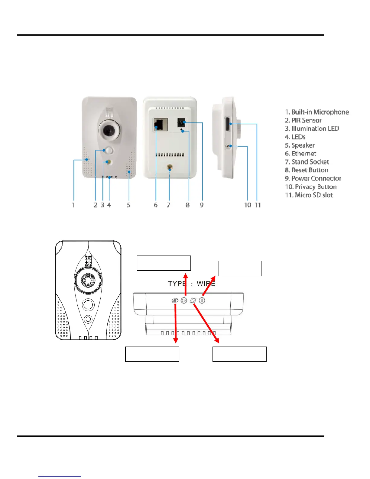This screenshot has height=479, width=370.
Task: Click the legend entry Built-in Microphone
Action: click(317, 112)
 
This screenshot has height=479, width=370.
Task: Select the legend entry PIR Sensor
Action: click(303, 120)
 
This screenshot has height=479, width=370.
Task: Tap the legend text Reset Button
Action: click(307, 170)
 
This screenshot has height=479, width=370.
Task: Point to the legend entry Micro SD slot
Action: click(309, 195)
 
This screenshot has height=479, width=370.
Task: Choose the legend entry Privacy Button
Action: click(311, 187)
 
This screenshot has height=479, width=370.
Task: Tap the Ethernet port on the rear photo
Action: click(161, 125)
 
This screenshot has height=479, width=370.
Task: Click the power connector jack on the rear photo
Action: click(181, 123)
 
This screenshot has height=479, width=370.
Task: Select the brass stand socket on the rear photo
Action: click(170, 168)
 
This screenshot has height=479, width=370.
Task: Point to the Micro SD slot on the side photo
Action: click(227, 124)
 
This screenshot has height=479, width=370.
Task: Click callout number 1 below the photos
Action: click(73, 205)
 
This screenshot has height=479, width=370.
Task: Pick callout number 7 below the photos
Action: click(168, 205)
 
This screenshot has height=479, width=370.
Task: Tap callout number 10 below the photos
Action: click(248, 205)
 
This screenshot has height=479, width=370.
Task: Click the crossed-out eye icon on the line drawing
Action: click(175, 301)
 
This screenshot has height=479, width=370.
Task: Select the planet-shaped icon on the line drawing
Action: click(193, 301)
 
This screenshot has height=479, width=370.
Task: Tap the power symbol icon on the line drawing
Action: click(202, 301)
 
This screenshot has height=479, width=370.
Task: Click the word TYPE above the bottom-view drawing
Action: click(177, 284)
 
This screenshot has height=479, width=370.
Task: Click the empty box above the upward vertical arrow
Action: click(164, 263)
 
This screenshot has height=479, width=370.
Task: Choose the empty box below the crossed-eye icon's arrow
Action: click(152, 354)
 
